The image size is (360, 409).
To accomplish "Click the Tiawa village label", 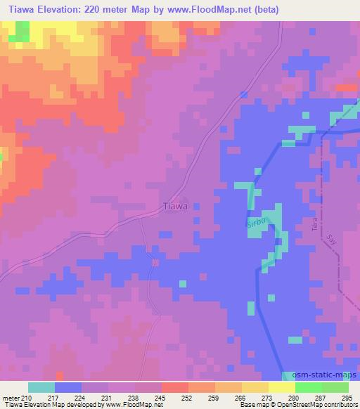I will point(175,207).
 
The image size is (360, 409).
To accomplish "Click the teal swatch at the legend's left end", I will point(41,387).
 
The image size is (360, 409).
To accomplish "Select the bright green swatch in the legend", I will point(309,387).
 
